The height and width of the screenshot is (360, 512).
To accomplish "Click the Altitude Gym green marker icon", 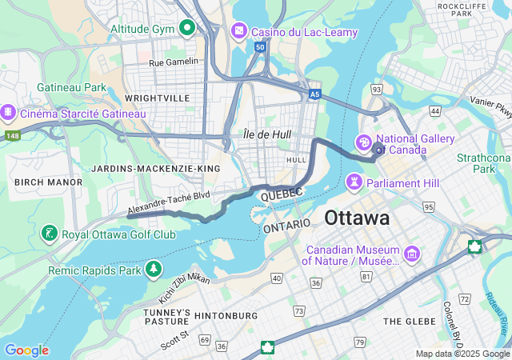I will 187,29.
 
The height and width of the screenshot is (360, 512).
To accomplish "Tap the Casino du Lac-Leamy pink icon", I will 238,31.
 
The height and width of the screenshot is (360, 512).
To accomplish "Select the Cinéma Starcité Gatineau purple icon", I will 9,113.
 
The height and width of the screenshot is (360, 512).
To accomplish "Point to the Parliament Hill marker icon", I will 353,183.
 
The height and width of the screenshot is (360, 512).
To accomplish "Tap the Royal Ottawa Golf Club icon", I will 50,234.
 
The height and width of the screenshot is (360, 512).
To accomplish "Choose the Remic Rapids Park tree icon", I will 152,270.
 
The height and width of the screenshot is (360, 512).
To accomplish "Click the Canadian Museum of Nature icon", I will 412,254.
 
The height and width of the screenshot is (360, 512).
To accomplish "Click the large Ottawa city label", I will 357,218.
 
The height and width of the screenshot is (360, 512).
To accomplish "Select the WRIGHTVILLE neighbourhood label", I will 157,98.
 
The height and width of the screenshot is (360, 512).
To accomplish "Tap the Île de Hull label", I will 267,134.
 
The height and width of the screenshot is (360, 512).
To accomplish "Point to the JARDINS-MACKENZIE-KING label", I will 155,169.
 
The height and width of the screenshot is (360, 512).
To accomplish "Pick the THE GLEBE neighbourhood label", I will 410,321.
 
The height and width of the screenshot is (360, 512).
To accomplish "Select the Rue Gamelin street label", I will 173,62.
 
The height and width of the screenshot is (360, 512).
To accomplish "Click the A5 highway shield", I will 315,94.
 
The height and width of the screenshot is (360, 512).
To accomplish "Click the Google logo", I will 26,350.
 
